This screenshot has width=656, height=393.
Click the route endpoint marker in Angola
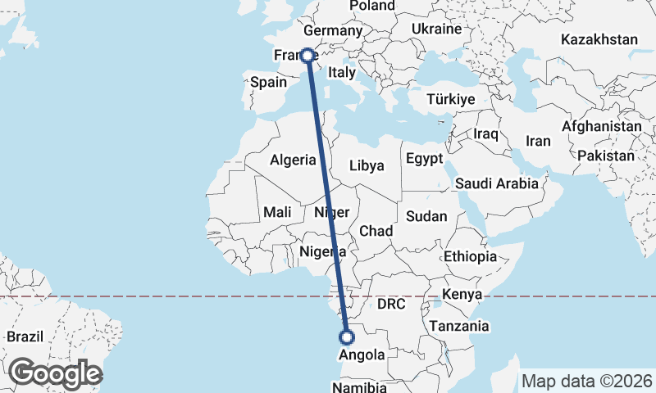pos(347,337)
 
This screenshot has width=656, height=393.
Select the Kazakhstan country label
pos(599,39)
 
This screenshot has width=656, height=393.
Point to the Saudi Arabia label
pos(497,183)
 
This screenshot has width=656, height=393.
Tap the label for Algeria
pos(293,160)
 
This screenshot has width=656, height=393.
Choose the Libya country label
pos(367,165)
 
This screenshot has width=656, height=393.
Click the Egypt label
pos(424,159)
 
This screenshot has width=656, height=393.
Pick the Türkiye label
pos(451,99)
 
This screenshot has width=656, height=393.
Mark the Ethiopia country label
pos(471,256)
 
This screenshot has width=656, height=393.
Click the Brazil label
pos(24,337)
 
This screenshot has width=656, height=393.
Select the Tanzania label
pos(459,326)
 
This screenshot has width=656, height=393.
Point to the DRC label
pos(391,304)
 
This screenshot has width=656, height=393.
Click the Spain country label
pos(268,82)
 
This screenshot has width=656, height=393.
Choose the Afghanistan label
pos(601,127)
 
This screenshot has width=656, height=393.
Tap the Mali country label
pos(277,212)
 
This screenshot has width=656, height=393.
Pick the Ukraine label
pos(436,29)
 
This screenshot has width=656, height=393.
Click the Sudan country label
pos(426,216)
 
